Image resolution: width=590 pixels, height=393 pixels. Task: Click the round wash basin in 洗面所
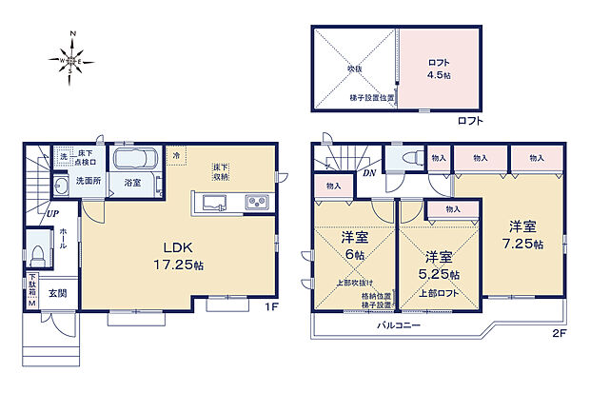[60, 185]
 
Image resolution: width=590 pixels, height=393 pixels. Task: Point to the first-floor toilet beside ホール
[37, 254]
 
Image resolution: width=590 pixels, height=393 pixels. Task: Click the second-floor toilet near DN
[408, 158]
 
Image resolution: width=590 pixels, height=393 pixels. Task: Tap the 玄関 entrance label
[58, 293]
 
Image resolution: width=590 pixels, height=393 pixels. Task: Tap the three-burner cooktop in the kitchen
[258, 202]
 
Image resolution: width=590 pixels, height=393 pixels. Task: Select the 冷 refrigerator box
[176, 154]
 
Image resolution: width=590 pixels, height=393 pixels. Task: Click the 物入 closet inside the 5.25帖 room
[452, 209]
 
